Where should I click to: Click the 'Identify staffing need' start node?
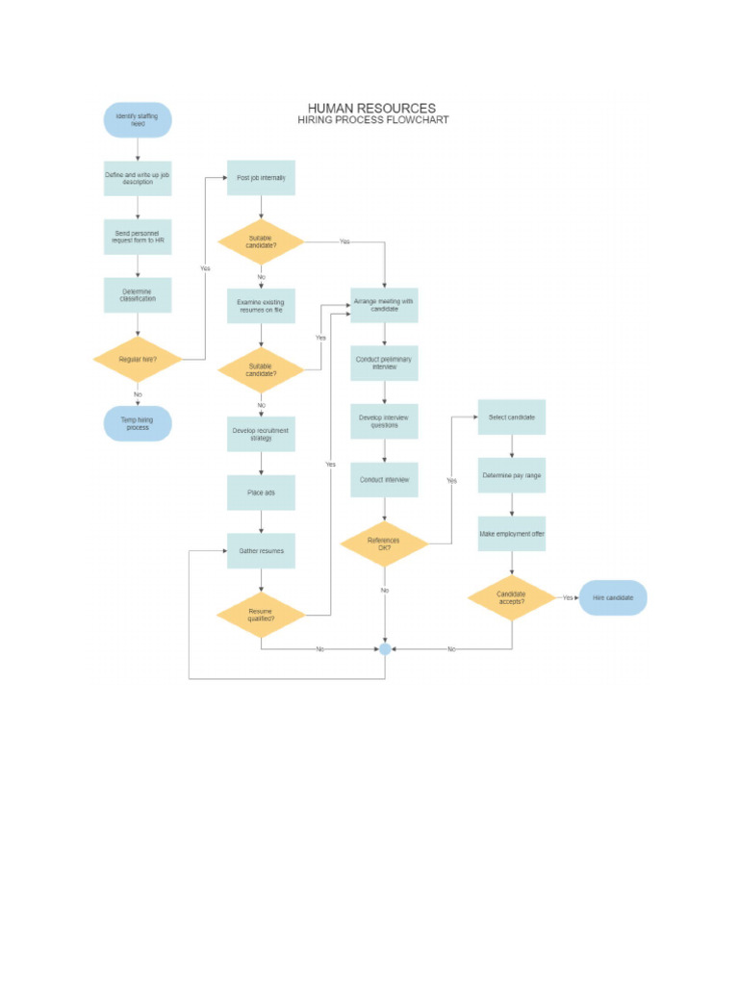point(138,120)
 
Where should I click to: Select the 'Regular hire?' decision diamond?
point(138,360)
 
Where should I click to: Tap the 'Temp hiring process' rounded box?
point(138,423)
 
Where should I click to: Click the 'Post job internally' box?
point(261,178)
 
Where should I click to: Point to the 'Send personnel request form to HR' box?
point(138,237)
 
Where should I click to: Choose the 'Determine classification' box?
point(138,295)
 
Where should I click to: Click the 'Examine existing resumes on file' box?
point(261,306)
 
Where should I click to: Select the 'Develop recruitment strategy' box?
point(261,434)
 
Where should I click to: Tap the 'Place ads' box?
point(261,492)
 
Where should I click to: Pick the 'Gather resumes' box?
point(261,551)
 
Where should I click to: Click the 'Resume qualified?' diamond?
point(261,616)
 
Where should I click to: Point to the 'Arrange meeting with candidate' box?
point(384,305)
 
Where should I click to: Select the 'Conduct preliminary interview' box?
point(384,364)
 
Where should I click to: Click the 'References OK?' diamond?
point(384,544)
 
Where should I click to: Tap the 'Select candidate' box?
point(512,417)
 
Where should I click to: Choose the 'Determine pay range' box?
point(512,475)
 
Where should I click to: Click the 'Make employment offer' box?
point(512,534)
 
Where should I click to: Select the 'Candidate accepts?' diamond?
point(512,598)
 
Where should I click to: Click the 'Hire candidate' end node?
point(613,598)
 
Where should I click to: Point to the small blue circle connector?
point(385,649)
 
